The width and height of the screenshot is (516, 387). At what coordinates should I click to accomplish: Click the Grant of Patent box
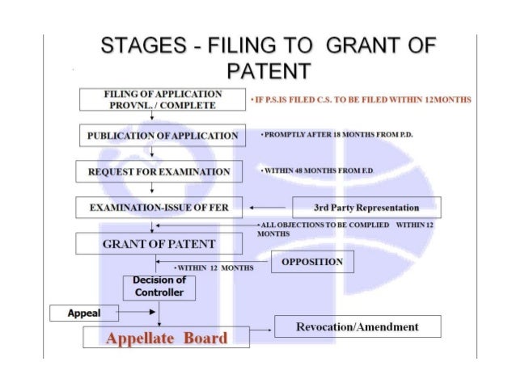click(159, 243)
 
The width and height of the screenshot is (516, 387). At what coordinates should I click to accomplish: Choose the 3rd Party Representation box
click(366, 208)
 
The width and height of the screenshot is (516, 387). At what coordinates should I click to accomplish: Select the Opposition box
click(312, 262)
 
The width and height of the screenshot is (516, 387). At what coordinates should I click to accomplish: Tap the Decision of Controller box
click(159, 287)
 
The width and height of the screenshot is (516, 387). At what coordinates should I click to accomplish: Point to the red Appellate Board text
click(166, 338)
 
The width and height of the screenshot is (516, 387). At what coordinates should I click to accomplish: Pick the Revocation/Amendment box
click(357, 326)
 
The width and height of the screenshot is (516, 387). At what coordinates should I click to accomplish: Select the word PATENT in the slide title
click(258, 73)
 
